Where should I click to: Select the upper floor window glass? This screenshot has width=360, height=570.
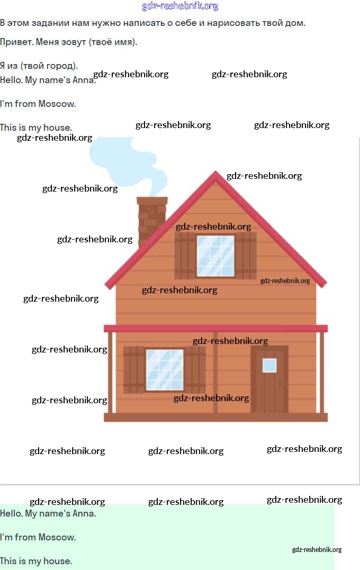215,256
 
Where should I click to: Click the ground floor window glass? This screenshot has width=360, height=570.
165,369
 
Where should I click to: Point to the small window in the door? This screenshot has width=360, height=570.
269,365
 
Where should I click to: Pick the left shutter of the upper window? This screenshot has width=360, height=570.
185,256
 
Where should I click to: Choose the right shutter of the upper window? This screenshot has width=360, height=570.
246,256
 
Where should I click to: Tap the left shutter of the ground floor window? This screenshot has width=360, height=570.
134,369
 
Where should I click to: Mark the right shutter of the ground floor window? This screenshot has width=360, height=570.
195,369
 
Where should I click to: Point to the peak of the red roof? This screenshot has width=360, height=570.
215,174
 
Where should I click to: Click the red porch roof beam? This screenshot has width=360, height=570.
215,329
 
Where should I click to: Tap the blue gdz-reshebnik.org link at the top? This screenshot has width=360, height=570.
180,6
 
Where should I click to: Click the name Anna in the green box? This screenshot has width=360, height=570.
84,513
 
